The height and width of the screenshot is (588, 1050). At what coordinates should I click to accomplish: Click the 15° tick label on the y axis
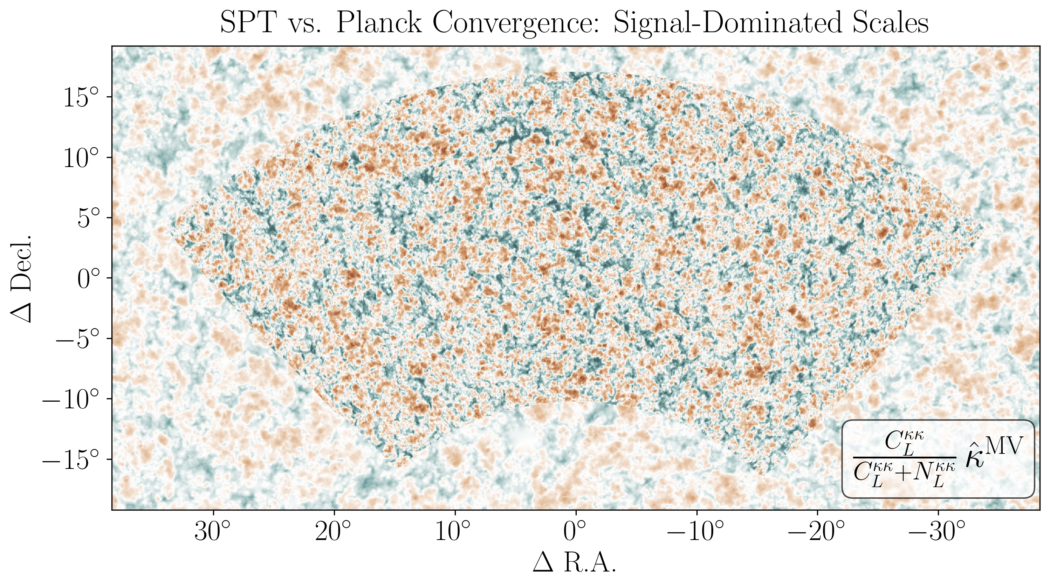[82, 97]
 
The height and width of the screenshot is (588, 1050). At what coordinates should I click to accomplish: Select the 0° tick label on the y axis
[88, 279]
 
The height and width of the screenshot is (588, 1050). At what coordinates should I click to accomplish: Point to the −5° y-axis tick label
[77, 339]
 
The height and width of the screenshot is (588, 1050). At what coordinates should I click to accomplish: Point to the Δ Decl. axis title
[21, 278]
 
